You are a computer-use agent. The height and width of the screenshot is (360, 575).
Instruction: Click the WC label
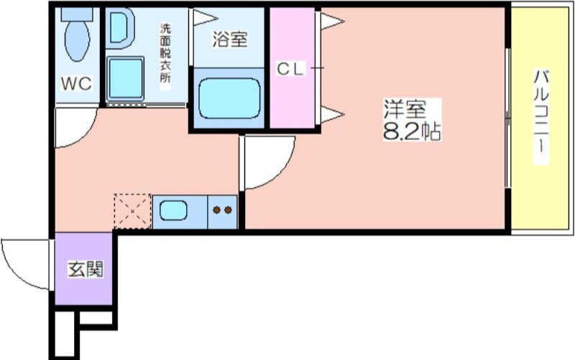click(76, 83)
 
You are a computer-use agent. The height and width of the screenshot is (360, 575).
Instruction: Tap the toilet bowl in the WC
click(77, 40)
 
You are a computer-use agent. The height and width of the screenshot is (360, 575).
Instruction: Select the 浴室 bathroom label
click(229, 40)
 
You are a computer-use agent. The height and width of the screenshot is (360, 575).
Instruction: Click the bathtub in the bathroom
click(229, 98)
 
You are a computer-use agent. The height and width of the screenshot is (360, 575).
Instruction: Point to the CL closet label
click(290, 68)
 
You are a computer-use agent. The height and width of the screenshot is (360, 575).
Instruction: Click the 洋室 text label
click(405, 109)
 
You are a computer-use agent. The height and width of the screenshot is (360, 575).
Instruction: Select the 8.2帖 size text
click(411, 131)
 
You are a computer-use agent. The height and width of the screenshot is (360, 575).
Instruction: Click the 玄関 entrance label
click(86, 269)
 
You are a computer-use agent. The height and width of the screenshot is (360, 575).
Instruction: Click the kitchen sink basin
click(173, 211)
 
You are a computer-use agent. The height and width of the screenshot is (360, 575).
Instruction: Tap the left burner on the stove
click(217, 210)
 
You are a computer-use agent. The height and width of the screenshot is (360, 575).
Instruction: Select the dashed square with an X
click(132, 211)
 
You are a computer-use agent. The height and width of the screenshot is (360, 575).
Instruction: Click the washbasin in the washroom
click(119, 28)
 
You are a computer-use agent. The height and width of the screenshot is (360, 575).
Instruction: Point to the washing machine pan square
click(125, 79)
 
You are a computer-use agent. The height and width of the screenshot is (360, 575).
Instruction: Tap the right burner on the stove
click(228, 210)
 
